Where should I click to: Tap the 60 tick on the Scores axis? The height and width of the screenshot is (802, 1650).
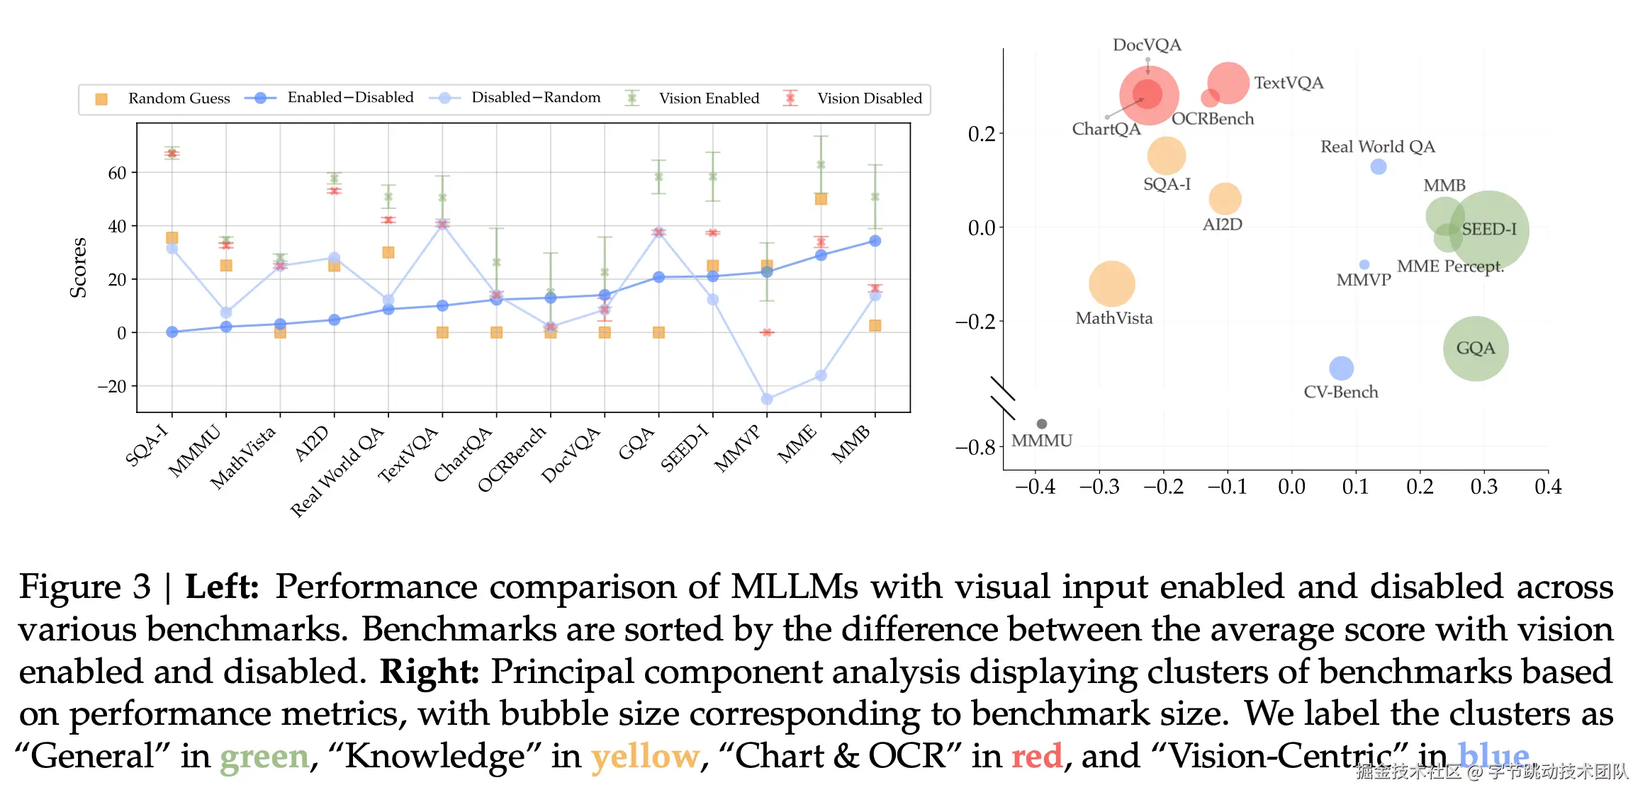(x=117, y=173)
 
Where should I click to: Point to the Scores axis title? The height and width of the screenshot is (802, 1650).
(x=78, y=268)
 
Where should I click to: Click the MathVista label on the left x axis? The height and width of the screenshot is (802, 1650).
(x=243, y=457)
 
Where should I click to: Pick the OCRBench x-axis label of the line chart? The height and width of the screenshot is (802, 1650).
(x=512, y=458)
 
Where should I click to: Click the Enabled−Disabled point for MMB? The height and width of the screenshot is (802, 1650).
(x=875, y=241)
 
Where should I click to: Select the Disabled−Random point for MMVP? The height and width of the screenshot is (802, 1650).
(x=767, y=400)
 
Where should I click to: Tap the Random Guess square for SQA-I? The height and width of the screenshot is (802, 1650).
(x=172, y=238)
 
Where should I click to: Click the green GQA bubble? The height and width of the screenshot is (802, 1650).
(x=1476, y=349)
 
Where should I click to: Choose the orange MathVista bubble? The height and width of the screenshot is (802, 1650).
(x=1112, y=284)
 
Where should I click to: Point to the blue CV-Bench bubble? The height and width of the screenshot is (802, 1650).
(x=1341, y=368)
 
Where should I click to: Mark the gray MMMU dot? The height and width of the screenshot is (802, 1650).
(x=1042, y=424)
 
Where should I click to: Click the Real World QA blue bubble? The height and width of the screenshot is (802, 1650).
(x=1379, y=167)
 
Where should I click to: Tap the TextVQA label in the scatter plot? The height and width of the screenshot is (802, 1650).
(x=1289, y=83)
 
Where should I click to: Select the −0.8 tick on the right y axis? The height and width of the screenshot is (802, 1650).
(x=976, y=448)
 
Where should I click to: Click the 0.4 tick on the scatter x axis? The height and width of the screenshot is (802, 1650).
(x=1548, y=487)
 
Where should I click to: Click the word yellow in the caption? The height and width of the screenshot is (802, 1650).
(x=646, y=756)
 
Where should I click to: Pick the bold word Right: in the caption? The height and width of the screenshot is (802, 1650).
(x=430, y=672)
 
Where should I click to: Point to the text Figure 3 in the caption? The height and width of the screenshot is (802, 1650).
(x=85, y=587)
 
